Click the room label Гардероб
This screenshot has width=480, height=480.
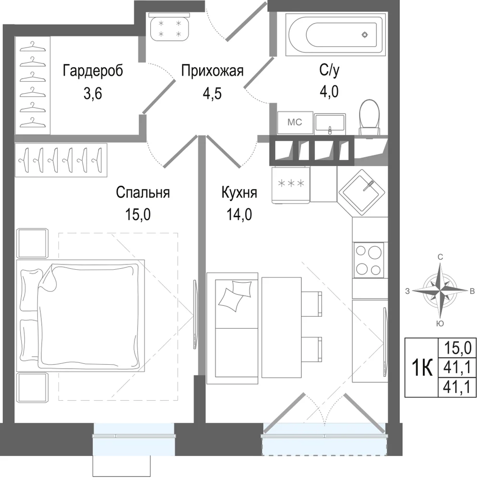tap(93, 71)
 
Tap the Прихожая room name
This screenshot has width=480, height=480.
tap(212, 71)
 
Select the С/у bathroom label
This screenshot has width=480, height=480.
tap(329, 70)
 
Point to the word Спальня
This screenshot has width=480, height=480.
tap(143, 192)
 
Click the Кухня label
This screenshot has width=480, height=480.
tap(239, 192)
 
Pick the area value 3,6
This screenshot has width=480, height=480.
tap(93, 94)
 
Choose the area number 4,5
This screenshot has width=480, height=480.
tap(212, 94)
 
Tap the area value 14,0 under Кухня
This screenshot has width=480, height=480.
tap(239, 214)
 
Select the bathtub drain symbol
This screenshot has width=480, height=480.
tap(365, 35)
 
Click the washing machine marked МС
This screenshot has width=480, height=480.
tap(295, 122)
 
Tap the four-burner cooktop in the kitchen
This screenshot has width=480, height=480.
tap(368, 260)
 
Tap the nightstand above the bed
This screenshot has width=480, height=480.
tap(33, 243)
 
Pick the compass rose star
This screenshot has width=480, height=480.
tap(440, 290)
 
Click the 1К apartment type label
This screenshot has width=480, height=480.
tap(422, 368)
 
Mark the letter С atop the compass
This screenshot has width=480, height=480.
tap(440, 257)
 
